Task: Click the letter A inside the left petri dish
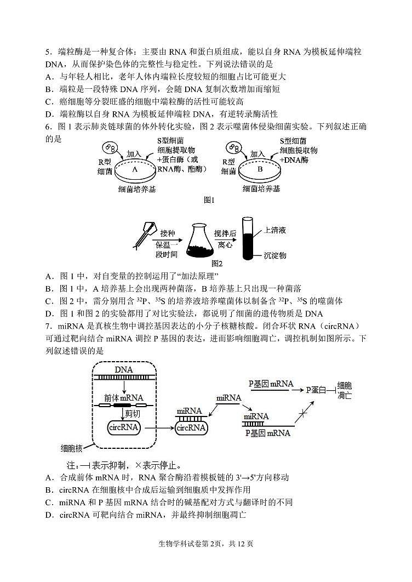134,169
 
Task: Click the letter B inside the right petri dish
260,169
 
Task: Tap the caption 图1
209,201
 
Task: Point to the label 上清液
274,230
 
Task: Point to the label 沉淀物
274,255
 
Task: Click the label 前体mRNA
123,397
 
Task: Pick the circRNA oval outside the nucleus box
190,427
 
